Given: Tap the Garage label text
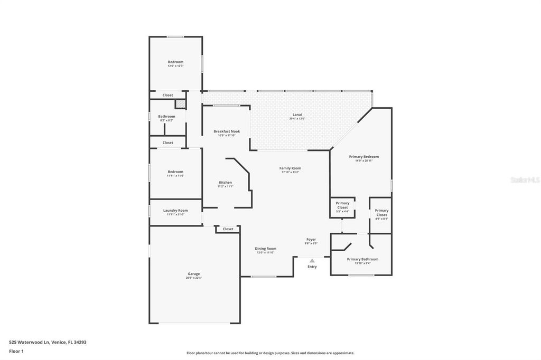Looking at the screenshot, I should click(194, 274).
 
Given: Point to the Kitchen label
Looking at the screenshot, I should click(225, 183).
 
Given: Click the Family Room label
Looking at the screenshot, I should click(290, 168).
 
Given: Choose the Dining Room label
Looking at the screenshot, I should click(265, 249).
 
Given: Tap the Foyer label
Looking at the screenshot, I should click(311, 240).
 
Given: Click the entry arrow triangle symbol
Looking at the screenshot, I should click(312, 261).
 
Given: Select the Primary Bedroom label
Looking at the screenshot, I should click(364, 157).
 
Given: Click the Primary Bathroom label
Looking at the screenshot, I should click(362, 259).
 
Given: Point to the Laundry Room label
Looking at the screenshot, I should click(175, 211).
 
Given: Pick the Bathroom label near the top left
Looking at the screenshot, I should click(166, 116).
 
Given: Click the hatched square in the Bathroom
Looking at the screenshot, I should click(180, 104).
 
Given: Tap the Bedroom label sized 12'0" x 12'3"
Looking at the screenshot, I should click(175, 62).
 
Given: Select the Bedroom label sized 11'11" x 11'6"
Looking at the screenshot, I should click(175, 172).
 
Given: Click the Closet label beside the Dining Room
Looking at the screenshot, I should click(228, 229).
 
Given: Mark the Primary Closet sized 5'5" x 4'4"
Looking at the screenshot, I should click(342, 205).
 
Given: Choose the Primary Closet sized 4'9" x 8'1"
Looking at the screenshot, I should click(381, 213).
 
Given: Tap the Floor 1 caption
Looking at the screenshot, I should click(16, 351).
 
